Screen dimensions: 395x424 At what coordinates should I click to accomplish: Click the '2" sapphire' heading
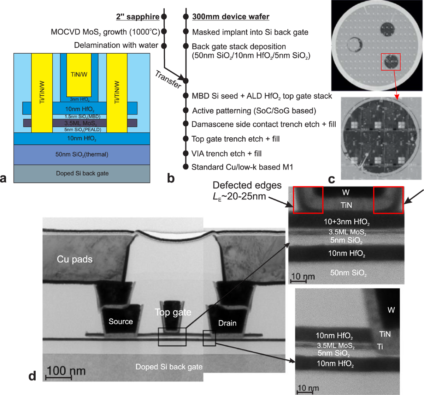tap(137, 17)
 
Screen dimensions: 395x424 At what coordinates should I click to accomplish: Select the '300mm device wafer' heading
tap(230, 17)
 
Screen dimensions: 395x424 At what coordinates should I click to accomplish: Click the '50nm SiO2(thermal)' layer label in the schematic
tap(82, 154)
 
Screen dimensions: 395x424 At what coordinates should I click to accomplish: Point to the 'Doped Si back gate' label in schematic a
tap(82, 173)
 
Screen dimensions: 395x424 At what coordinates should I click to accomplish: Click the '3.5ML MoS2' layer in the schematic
tap(80, 123)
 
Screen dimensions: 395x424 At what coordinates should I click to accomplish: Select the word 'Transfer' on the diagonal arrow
tap(168, 79)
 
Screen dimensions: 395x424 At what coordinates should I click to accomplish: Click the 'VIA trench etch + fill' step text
tap(226, 154)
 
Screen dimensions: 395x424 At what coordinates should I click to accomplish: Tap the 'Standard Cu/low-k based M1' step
tap(242, 167)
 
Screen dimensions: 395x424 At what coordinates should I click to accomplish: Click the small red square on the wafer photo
tap(390, 62)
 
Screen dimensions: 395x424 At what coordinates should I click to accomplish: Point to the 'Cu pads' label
tap(75, 259)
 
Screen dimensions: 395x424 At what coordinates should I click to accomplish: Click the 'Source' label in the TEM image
tap(120, 322)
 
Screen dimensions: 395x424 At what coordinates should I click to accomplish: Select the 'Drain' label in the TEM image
tap(227, 323)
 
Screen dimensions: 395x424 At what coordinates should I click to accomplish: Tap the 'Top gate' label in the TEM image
tap(173, 312)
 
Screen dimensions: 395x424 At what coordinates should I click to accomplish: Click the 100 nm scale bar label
tap(66, 371)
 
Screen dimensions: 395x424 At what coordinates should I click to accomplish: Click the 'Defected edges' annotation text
tap(247, 185)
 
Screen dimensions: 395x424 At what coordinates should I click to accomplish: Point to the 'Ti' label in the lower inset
tap(380, 347)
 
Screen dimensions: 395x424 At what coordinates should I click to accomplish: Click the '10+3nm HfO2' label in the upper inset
tap(347, 222)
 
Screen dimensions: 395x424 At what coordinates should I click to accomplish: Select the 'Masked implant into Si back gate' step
tap(250, 32)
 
